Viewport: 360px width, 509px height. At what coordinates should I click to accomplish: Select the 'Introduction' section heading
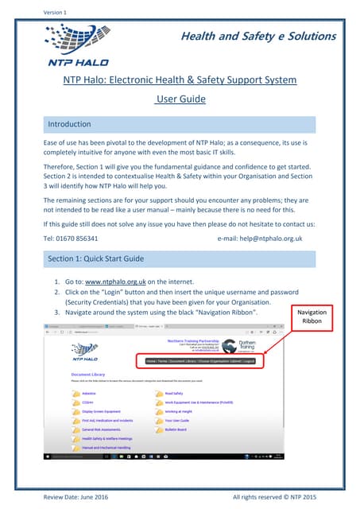click(x=71, y=125)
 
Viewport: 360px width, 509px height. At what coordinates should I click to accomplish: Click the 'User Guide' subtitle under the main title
click(x=180, y=99)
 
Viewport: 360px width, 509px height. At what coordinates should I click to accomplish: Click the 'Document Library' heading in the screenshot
click(x=88, y=372)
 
